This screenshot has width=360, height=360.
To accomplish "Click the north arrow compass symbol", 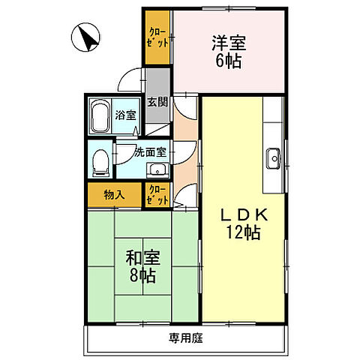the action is (x=85, y=37).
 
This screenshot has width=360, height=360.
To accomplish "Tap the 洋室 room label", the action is (x=229, y=43).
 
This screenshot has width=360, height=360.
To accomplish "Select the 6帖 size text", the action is (x=229, y=61).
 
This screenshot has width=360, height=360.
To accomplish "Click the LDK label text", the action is (x=244, y=214).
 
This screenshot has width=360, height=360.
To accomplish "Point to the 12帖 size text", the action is (x=243, y=232).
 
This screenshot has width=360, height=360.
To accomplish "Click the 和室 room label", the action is (x=142, y=258).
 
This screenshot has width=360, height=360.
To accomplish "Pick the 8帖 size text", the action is (x=142, y=275).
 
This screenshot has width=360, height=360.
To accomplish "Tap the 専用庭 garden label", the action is (x=185, y=338).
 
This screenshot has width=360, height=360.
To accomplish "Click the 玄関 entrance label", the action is (x=157, y=102).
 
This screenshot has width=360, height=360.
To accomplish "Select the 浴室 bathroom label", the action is (x=125, y=115).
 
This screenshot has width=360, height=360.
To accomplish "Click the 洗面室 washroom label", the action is (x=150, y=152).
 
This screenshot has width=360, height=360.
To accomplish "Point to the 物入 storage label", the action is (x=114, y=195).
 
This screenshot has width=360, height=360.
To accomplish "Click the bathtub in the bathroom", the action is (x=100, y=116).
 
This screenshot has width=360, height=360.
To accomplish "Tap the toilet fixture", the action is (x=100, y=163).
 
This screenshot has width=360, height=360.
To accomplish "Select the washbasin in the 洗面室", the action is (x=157, y=170).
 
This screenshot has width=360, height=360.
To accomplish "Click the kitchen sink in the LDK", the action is (x=274, y=158).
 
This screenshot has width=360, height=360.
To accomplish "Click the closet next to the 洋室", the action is (x=157, y=37).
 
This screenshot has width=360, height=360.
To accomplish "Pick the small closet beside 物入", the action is (x=157, y=195).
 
